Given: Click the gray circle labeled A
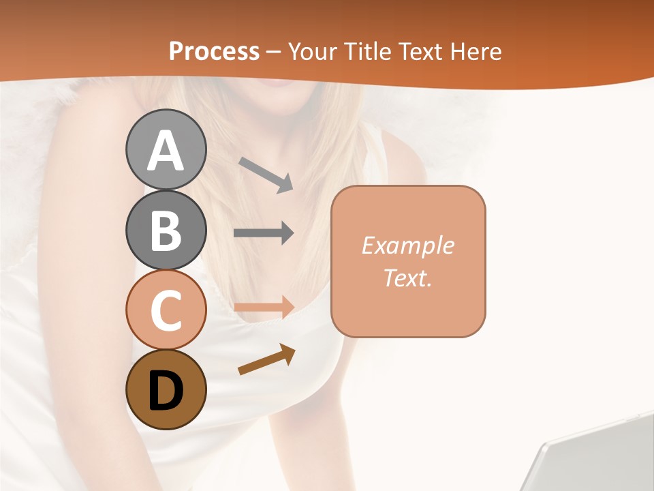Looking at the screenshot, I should click(166, 150).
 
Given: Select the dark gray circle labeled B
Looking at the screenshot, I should click(166, 230).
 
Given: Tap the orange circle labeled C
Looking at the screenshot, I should click(166, 310).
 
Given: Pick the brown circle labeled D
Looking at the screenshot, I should click(166, 389).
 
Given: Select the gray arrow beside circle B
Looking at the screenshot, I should click(264, 233).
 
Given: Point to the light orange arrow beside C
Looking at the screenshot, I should click(264, 307).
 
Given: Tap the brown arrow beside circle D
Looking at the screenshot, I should click(266, 359).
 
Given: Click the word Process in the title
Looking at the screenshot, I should click(214, 51).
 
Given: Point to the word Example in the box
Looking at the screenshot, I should click(407, 245).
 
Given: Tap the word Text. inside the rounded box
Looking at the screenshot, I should click(407, 278).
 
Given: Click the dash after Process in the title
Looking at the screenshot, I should click(274, 52).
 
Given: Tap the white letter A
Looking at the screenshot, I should click(166, 151).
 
